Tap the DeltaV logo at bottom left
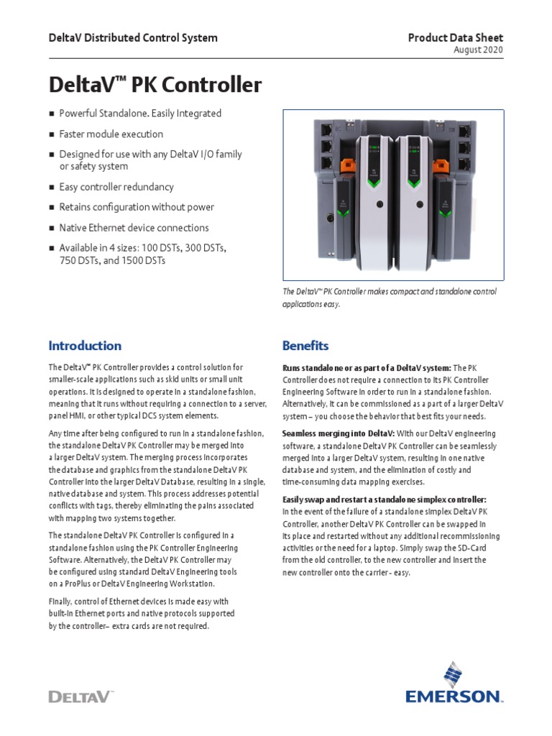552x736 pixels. (x=80, y=696)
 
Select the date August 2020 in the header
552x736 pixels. (x=479, y=50)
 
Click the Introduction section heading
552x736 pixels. (x=85, y=346)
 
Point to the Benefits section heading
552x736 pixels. (x=305, y=346)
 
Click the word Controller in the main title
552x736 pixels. (x=211, y=86)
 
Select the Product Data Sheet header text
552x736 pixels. (x=456, y=37)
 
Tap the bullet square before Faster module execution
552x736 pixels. (x=51, y=134)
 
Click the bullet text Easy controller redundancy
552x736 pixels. (x=116, y=187)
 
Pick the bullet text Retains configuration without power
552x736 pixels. (x=137, y=207)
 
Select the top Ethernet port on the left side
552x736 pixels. (x=326, y=131)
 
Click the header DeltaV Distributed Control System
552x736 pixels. (x=133, y=37)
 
